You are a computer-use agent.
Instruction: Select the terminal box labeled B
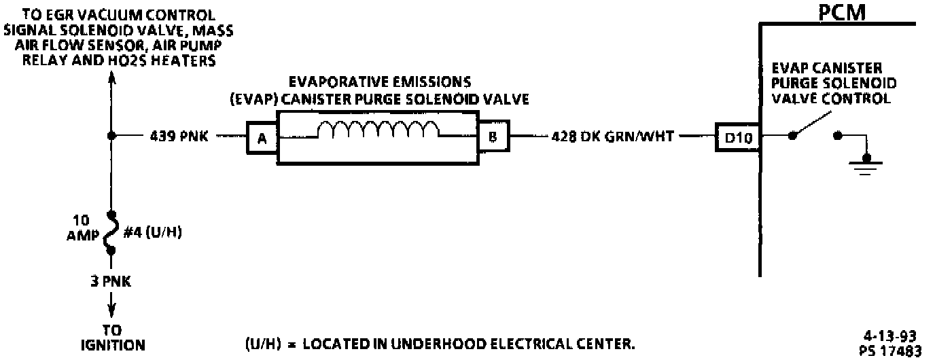pos(494,137)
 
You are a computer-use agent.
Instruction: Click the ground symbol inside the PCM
pos(865,164)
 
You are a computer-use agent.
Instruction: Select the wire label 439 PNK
pos(179,137)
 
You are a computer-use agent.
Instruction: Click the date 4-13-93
pos(891,336)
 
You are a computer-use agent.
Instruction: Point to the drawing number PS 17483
pos(891,350)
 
